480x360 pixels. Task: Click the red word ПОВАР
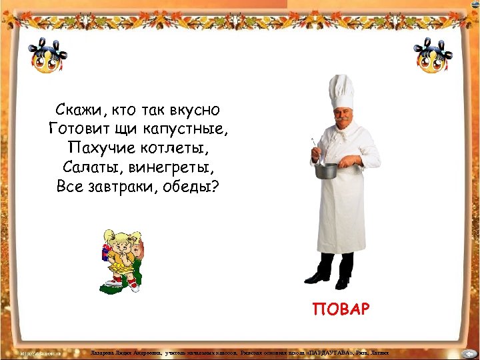pyautogui.click(x=340, y=310)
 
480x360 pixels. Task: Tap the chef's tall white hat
pyautogui.click(x=341, y=91)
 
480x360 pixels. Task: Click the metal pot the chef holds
pyautogui.click(x=327, y=170)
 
